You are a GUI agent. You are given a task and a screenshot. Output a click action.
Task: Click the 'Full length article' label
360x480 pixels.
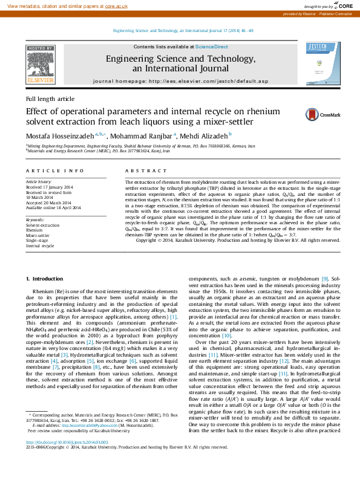50,99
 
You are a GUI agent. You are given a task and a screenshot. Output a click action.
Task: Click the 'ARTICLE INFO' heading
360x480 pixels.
54,172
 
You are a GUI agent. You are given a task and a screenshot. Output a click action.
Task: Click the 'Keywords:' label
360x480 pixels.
35,219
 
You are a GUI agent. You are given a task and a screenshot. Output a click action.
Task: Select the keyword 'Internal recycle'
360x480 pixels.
40,246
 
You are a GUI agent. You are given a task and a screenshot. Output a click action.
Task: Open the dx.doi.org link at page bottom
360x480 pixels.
61,443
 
